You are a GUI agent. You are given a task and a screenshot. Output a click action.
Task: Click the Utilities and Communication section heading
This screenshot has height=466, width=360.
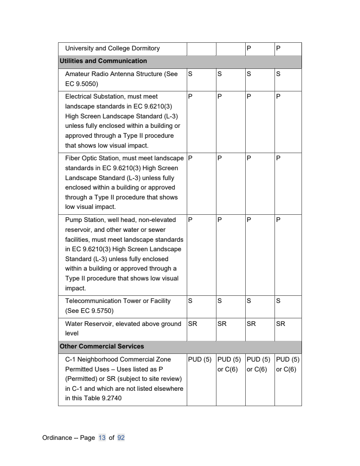tap(103, 61)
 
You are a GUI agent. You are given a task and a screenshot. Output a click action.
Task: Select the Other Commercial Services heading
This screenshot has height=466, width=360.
tap(102, 347)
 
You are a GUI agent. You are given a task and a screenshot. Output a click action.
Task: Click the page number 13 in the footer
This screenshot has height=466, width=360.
tap(102, 437)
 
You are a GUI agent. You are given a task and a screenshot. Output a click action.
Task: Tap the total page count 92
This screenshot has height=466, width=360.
tap(121, 437)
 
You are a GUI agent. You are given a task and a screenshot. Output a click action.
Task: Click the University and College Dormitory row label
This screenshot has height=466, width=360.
tap(112, 48)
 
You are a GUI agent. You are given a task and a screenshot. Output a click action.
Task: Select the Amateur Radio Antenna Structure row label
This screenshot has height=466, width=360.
tap(121, 74)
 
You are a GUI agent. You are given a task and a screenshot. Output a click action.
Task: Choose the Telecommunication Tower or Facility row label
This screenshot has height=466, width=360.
tap(117, 301)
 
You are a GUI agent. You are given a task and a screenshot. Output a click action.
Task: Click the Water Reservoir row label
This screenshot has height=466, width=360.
tap(123, 323)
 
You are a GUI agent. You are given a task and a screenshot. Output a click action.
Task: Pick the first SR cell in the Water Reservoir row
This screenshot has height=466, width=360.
tap(192, 323)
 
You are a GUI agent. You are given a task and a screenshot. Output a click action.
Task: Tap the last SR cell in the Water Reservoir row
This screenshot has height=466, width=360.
tap(280, 323)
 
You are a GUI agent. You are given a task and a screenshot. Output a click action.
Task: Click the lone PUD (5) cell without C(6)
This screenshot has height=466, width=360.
tap(199, 359)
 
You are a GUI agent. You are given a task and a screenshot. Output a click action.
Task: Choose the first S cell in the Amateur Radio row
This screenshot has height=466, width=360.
tap(190, 74)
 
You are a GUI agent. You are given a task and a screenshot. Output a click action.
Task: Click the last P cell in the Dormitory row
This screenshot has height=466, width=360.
tap(278, 48)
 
